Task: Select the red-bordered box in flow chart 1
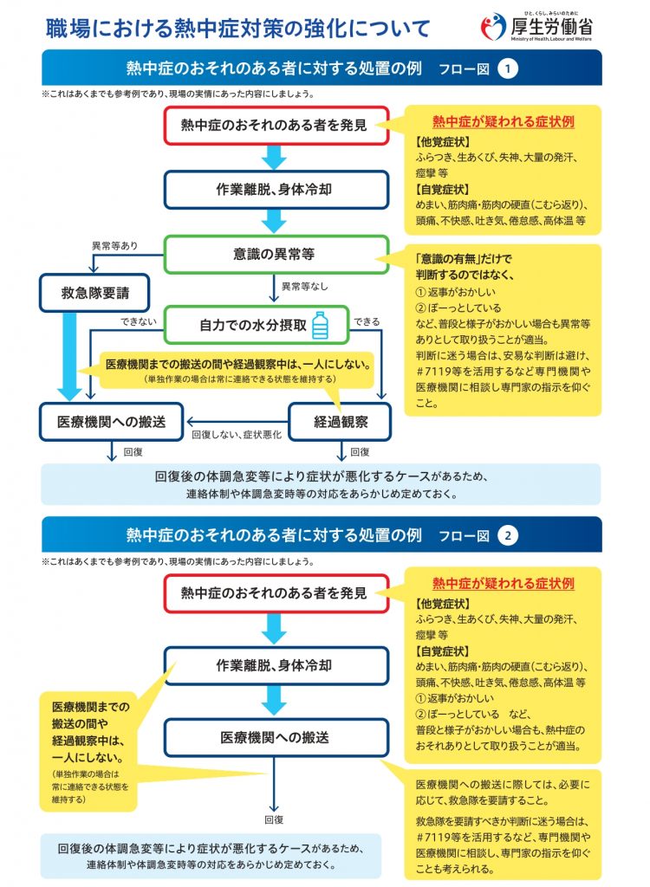(273, 126)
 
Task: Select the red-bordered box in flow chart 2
(273, 593)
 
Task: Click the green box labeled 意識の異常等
(273, 255)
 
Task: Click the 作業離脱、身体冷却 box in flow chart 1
(273, 190)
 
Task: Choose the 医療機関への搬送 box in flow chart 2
(273, 738)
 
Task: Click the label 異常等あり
(114, 246)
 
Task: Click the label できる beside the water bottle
(367, 321)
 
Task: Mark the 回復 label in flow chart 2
(274, 819)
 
